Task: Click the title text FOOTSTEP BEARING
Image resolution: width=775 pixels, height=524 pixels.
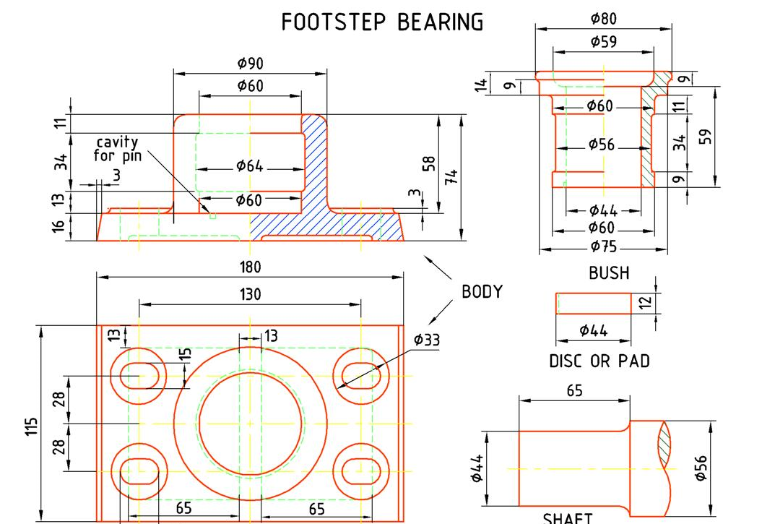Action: click(x=382, y=22)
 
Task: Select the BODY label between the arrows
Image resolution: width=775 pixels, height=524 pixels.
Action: click(x=482, y=292)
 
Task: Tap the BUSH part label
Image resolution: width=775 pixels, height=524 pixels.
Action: click(x=609, y=273)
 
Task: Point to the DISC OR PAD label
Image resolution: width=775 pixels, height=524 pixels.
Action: click(x=599, y=361)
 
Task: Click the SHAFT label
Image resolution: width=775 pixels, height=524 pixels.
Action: click(x=568, y=517)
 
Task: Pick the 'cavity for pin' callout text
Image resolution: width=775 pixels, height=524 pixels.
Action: click(x=117, y=149)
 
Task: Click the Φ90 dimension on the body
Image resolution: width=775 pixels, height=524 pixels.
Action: click(x=250, y=64)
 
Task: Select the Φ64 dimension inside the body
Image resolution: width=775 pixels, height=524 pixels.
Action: click(x=250, y=166)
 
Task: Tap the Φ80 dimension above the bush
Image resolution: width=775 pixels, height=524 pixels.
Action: click(x=603, y=20)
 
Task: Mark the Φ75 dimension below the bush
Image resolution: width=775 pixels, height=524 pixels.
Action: click(x=603, y=246)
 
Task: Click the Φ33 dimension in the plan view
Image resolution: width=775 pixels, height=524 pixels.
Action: click(x=427, y=340)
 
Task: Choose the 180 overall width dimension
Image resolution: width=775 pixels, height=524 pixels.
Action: click(x=250, y=267)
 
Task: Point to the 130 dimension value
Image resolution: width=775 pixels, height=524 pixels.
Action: click(x=250, y=294)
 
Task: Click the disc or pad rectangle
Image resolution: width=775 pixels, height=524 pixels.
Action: click(x=593, y=304)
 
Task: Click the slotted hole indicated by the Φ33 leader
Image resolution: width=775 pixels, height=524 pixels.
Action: click(x=360, y=376)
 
